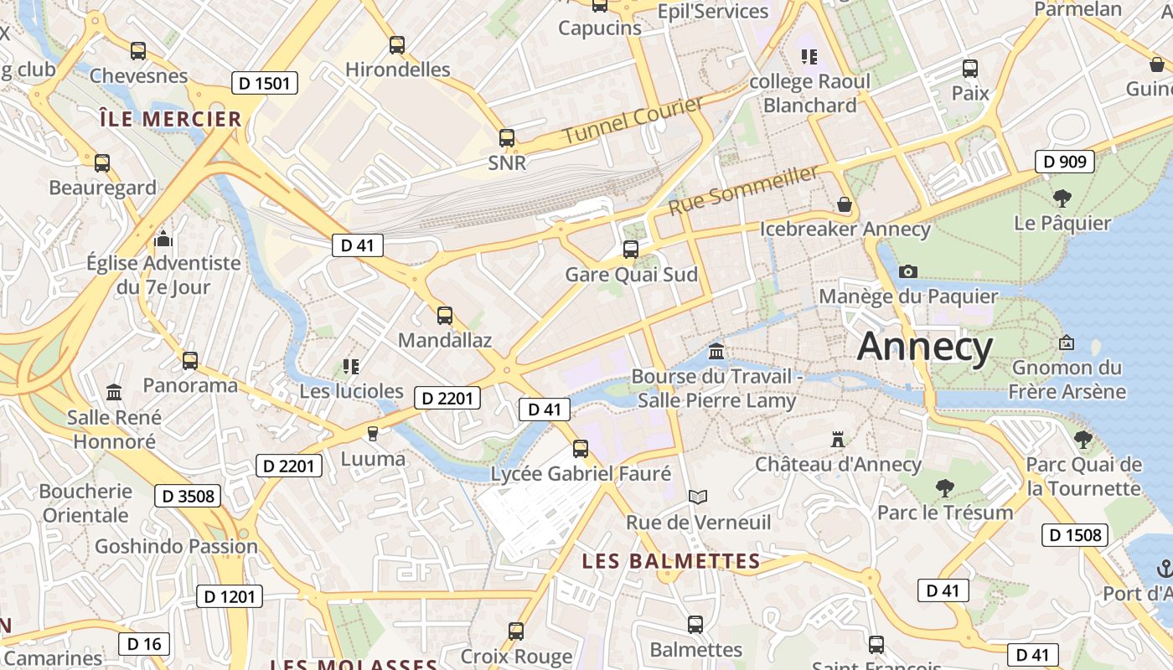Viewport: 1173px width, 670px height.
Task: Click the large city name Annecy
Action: [x=925, y=347]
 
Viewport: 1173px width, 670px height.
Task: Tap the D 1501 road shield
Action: [x=264, y=83]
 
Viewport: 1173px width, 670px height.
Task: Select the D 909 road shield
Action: [x=1065, y=162]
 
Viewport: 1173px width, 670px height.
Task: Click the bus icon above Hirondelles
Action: [x=397, y=45]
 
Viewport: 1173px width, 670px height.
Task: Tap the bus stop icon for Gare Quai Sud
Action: [x=631, y=250]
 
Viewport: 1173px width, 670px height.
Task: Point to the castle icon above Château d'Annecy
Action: [x=837, y=439]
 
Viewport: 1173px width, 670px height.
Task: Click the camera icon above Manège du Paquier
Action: [x=907, y=271]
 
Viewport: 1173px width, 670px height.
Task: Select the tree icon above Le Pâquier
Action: [x=1062, y=198]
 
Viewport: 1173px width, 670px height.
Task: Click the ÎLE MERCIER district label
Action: [x=170, y=119]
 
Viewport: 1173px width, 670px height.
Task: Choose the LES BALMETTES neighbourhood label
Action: [x=671, y=561]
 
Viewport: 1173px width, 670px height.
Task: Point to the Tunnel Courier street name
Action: [x=633, y=120]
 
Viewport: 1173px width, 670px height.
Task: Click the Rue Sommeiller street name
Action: [x=742, y=189]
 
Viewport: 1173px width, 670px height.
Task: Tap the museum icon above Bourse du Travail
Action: [x=716, y=351]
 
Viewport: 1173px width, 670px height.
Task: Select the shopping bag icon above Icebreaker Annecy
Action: [x=845, y=204]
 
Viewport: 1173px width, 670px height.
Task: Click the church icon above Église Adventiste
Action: [x=163, y=240]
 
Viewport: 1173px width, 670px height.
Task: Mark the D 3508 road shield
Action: [x=188, y=496]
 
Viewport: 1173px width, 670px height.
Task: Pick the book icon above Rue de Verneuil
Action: [x=698, y=497]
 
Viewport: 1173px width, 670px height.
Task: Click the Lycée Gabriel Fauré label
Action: [x=581, y=474]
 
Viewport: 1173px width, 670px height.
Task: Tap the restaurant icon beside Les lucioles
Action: [x=351, y=367]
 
